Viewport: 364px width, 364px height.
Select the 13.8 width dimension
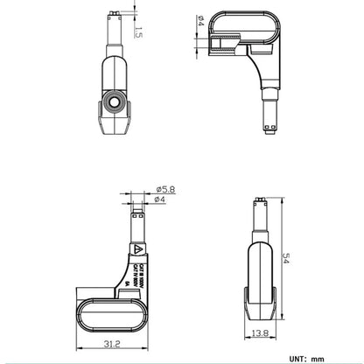[x=259, y=334]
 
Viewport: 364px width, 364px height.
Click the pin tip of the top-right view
[x=269, y=136]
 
